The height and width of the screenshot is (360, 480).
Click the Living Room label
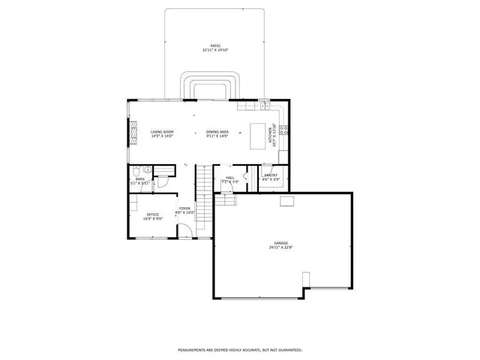(x=161, y=132)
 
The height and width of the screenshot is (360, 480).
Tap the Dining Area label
(x=217, y=132)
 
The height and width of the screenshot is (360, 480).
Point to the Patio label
(x=215, y=46)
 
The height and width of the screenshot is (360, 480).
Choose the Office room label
(x=153, y=214)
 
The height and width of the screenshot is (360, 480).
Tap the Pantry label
(x=271, y=175)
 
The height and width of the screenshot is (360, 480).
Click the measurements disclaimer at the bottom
(x=240, y=350)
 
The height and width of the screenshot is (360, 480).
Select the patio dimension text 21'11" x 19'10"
(x=215, y=50)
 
